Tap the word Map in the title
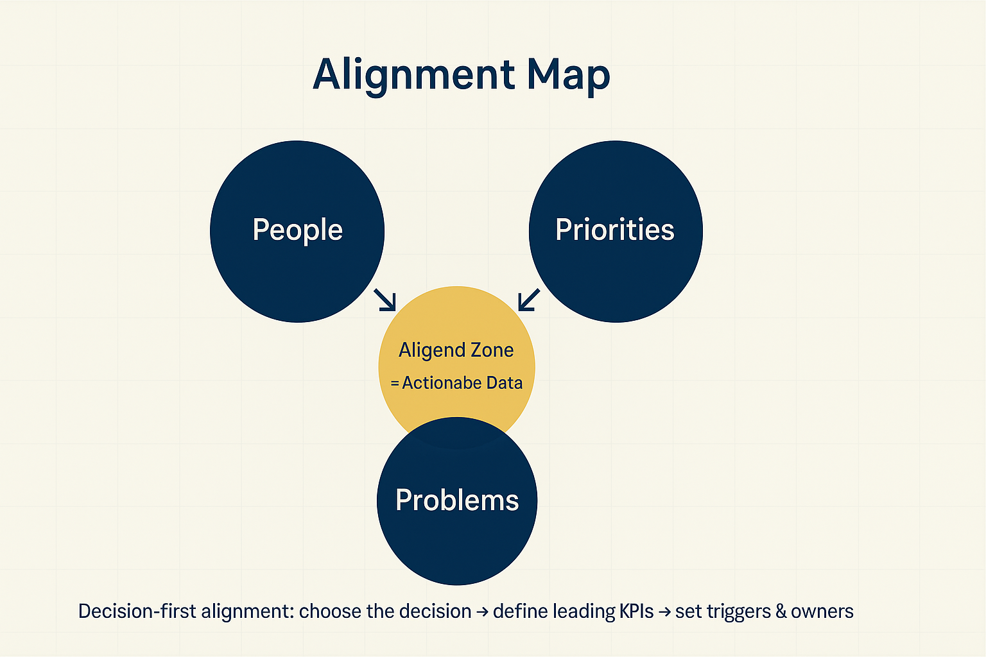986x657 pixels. tap(568, 76)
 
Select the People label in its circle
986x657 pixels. tap(297, 230)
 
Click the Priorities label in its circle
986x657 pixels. tap(615, 230)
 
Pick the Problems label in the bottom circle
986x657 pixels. tap(457, 500)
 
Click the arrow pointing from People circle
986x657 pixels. tap(385, 300)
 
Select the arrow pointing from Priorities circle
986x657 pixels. tap(529, 300)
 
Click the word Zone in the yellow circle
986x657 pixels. tap(492, 350)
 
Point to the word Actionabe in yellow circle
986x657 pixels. tap(442, 383)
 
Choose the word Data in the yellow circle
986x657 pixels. tap(505, 383)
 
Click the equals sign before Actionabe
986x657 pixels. tap(395, 384)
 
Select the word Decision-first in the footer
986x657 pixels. tap(137, 611)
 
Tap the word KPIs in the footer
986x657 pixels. tap(636, 611)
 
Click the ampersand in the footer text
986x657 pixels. tap(781, 611)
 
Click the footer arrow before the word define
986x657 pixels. tap(482, 612)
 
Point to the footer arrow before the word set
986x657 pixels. tap(664, 612)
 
